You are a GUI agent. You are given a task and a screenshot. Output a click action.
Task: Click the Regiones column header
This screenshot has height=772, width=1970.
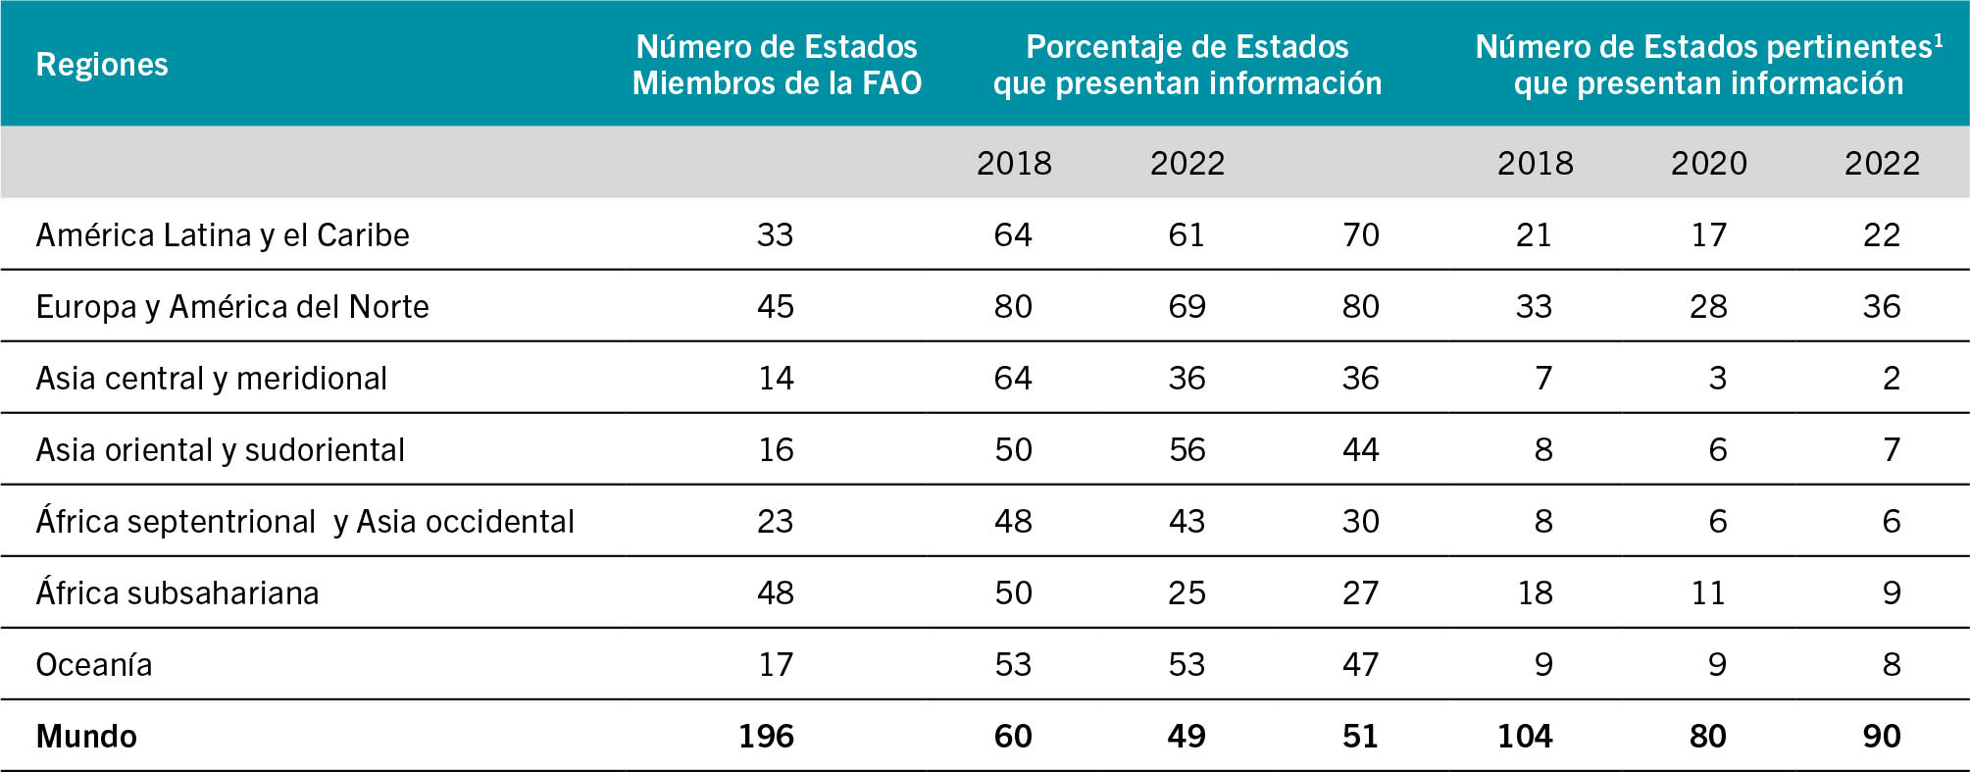pos(102,65)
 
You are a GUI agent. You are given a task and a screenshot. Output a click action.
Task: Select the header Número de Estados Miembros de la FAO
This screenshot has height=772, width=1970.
pos(777,65)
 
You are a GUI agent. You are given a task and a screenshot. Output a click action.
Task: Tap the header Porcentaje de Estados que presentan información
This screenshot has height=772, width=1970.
pos(1187,65)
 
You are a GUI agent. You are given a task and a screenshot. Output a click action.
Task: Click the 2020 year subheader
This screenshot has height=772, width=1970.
pos(1708,163)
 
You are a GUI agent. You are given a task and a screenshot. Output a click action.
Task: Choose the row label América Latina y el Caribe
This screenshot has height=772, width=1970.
pos(223,235)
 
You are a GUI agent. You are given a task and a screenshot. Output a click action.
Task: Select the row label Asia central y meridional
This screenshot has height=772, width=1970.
pos(211,379)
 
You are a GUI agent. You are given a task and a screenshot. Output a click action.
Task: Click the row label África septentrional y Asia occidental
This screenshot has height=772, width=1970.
pos(305,522)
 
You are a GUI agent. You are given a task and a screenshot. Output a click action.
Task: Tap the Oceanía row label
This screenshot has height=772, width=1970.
pos(94,665)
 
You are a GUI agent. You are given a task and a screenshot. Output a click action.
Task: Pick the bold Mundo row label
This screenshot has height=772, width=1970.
pos(86,737)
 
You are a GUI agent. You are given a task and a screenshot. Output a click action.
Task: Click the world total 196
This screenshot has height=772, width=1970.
pos(766,737)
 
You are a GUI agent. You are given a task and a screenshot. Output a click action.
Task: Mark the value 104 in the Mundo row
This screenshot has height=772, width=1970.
pos(1525,737)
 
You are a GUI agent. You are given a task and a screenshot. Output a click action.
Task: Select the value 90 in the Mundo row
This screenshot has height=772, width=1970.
pos(1882,737)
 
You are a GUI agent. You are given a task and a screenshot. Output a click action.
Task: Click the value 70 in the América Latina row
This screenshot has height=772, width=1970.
pos(1360,235)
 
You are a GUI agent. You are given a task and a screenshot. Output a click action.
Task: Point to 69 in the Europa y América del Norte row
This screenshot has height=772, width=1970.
pos(1187,307)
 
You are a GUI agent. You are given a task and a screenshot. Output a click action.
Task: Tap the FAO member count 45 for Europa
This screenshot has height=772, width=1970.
pos(775,307)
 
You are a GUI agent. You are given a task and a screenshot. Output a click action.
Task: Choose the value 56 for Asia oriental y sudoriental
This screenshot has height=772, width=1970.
pos(1187,450)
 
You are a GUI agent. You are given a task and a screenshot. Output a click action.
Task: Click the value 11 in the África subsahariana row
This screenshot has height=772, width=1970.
pos(1707,593)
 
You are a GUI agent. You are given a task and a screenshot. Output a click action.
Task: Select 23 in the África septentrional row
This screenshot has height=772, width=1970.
pos(775,522)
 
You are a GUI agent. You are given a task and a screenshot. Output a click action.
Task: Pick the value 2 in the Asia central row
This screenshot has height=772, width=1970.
pos(1892,379)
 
